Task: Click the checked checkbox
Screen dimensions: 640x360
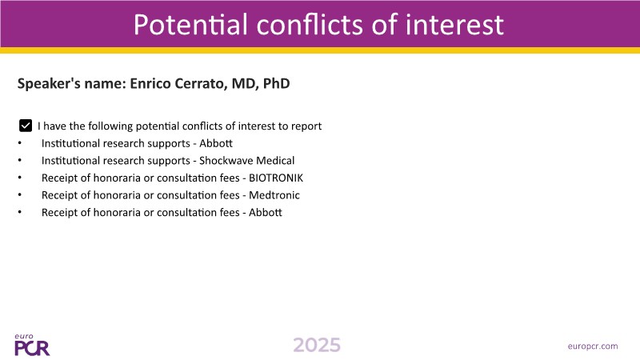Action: pyautogui.click(x=26, y=126)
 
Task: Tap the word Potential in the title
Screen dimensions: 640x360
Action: pyautogui.click(x=190, y=25)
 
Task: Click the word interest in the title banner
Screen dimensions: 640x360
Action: pyautogui.click(x=454, y=25)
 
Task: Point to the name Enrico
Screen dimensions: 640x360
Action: pyautogui.click(x=150, y=83)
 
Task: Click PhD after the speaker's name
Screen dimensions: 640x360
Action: pyautogui.click(x=276, y=83)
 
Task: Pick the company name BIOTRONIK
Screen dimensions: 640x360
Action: pyautogui.click(x=276, y=178)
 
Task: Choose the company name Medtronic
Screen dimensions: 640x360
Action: pyautogui.click(x=274, y=195)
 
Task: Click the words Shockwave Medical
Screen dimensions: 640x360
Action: pyautogui.click(x=247, y=161)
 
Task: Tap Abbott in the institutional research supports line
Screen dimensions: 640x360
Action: pyautogui.click(x=216, y=143)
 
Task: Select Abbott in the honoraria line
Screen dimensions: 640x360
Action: pyautogui.click(x=266, y=212)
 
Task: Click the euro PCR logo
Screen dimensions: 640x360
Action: pyautogui.click(x=32, y=346)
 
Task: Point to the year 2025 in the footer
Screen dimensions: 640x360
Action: pyautogui.click(x=317, y=346)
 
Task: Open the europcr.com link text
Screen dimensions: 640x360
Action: pyautogui.click(x=593, y=346)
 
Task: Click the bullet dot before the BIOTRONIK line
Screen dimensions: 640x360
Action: pyautogui.click(x=19, y=178)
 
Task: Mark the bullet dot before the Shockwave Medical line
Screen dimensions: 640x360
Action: pyautogui.click(x=19, y=161)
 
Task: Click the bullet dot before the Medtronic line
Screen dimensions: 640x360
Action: pyautogui.click(x=19, y=194)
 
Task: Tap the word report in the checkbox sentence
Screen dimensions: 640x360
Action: pyautogui.click(x=306, y=126)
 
